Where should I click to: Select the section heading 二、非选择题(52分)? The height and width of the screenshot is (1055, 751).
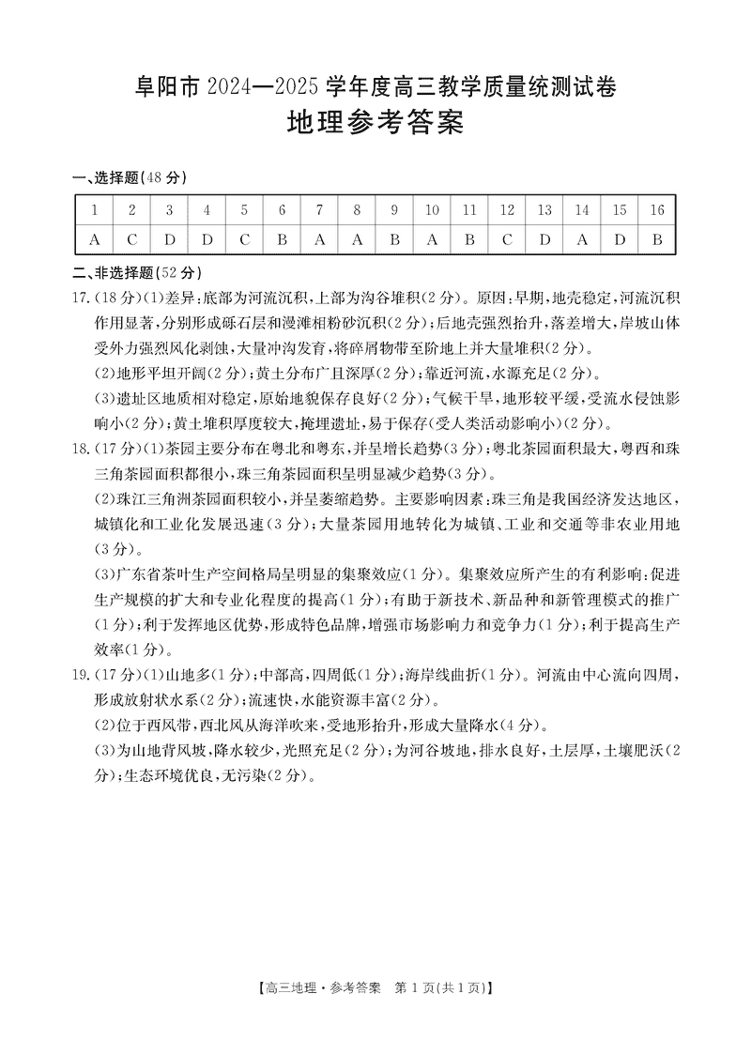click(x=137, y=273)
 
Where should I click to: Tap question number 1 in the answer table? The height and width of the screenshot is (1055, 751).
click(x=94, y=210)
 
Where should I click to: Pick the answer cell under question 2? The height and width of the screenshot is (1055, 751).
click(x=131, y=240)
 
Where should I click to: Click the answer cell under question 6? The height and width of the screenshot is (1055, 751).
click(x=282, y=240)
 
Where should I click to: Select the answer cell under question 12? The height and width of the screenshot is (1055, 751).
click(x=507, y=240)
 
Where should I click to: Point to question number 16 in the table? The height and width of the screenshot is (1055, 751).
click(x=657, y=210)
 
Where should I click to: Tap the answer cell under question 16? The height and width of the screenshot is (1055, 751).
click(x=657, y=240)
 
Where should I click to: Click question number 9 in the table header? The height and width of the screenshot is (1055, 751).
click(x=394, y=210)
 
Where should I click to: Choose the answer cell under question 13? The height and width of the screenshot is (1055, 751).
click(x=544, y=240)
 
